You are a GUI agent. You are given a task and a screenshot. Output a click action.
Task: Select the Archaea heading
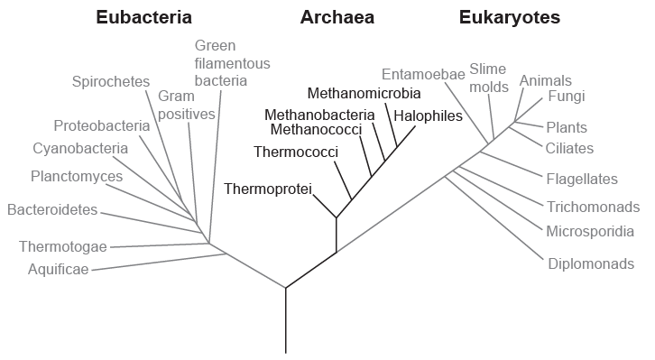point(337,17)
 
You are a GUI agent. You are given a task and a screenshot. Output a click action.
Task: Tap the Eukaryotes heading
point(509,17)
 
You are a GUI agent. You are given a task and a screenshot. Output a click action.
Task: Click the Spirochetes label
point(110,82)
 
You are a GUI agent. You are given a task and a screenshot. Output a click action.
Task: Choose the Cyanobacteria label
point(80,148)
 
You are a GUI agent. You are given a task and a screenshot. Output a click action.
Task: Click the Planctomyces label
point(77,176)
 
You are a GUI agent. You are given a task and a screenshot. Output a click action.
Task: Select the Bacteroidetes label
point(52,210)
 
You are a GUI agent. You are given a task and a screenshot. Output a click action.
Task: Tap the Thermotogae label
point(63,246)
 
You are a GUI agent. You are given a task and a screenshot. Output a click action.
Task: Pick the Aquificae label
point(59,268)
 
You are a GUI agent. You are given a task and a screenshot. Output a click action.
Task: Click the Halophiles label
point(428,115)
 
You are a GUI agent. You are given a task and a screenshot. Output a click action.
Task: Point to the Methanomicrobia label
point(364,93)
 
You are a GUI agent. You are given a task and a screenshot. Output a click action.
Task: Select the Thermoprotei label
point(267,189)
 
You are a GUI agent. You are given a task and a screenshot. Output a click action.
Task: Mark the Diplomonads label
point(591,263)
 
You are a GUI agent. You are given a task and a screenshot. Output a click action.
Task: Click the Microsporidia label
point(590,231)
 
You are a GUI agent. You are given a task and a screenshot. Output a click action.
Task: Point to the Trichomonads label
point(593,207)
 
